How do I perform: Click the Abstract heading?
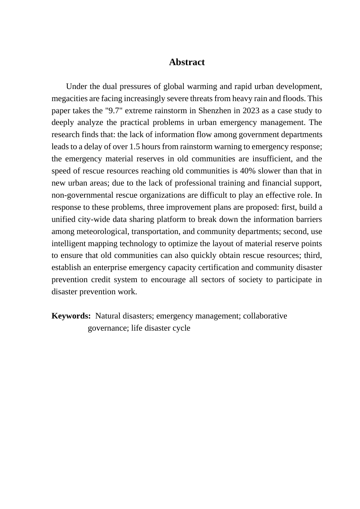pos(186,62)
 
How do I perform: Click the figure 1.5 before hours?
pos(135,147)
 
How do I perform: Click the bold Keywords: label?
pos(71,316)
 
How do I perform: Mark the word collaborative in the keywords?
pos(265,316)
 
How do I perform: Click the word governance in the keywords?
pos(107,328)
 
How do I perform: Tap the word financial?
pos(280,183)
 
